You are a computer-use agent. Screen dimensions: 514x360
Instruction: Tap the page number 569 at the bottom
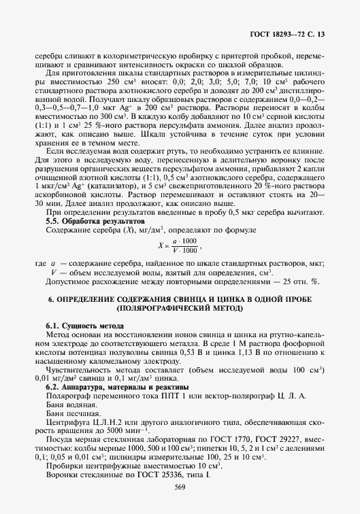[x=180, y=486]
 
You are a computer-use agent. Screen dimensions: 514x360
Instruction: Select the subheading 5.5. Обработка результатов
[x=95, y=222]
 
